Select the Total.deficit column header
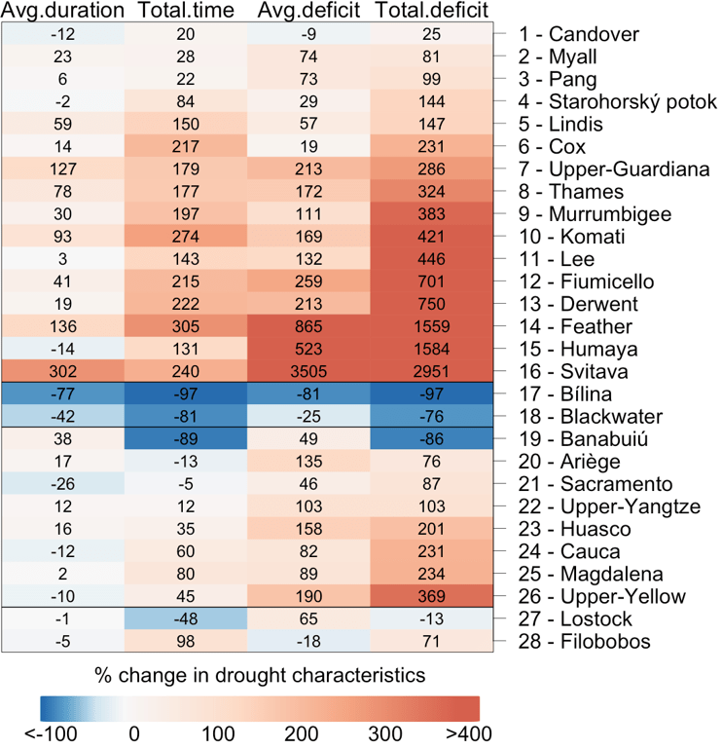point(431,12)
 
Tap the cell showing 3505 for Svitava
point(308,371)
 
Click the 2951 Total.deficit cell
point(431,371)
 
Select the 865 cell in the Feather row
point(308,326)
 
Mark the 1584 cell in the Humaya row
point(431,349)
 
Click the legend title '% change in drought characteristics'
point(260,675)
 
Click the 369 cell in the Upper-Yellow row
point(431,595)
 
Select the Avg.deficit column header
point(308,12)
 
